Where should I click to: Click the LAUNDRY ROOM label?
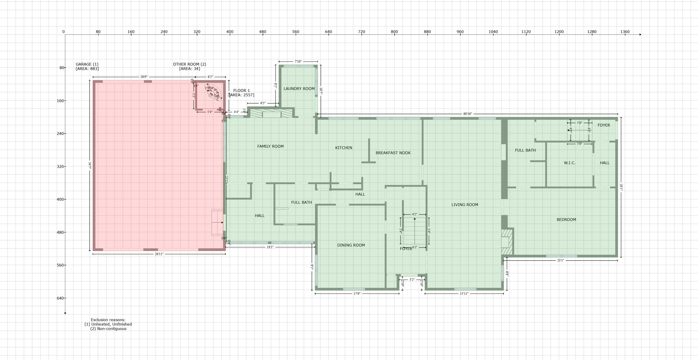point(299,89)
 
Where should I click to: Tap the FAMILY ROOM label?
point(270,146)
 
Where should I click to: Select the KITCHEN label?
point(344,148)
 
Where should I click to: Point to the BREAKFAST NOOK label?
point(393,153)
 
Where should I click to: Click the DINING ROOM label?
point(351,245)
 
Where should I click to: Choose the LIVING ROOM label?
point(465,205)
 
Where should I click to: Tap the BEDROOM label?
point(566,220)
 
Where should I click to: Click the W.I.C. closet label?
point(570,163)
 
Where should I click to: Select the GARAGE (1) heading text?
point(87,64)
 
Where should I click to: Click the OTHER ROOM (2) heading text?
point(189,64)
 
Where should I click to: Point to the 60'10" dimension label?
point(467,114)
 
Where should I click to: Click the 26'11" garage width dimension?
point(159,254)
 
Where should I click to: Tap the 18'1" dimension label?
point(270,247)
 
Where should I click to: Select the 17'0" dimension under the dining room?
point(357,294)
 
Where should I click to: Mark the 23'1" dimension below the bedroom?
point(560,261)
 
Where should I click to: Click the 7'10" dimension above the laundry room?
point(298,62)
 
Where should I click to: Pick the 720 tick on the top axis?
point(361,32)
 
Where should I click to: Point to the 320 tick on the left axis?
point(61,167)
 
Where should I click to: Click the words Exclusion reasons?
point(108,320)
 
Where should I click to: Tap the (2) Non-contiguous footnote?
point(108,329)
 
